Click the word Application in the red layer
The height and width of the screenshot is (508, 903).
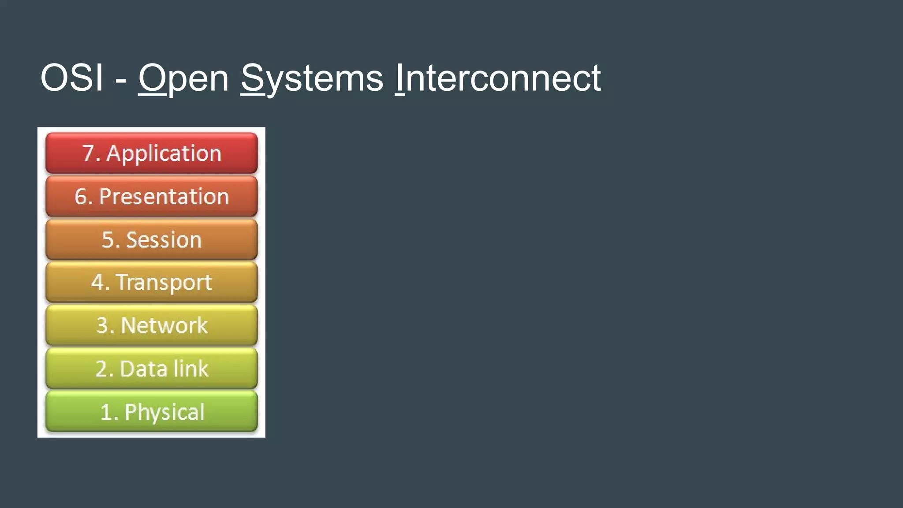(x=164, y=154)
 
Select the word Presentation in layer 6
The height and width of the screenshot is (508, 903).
(x=164, y=197)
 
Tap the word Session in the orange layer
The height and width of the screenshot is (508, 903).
(x=164, y=240)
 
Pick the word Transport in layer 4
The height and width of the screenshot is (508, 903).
(x=164, y=283)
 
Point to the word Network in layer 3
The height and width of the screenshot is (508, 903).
(x=164, y=325)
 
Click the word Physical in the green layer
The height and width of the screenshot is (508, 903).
(x=164, y=413)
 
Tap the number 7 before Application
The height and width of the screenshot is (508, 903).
(x=88, y=154)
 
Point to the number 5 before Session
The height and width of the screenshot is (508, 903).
(x=108, y=240)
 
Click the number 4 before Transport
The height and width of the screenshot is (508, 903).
(x=97, y=283)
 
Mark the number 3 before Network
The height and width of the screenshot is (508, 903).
(x=102, y=325)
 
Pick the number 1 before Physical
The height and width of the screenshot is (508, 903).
(x=106, y=413)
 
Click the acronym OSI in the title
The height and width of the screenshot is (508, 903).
(x=72, y=78)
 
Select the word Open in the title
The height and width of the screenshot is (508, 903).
(x=183, y=78)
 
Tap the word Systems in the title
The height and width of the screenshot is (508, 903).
(x=312, y=78)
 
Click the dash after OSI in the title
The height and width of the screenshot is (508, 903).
(x=121, y=79)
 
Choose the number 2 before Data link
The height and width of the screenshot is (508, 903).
(x=102, y=369)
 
